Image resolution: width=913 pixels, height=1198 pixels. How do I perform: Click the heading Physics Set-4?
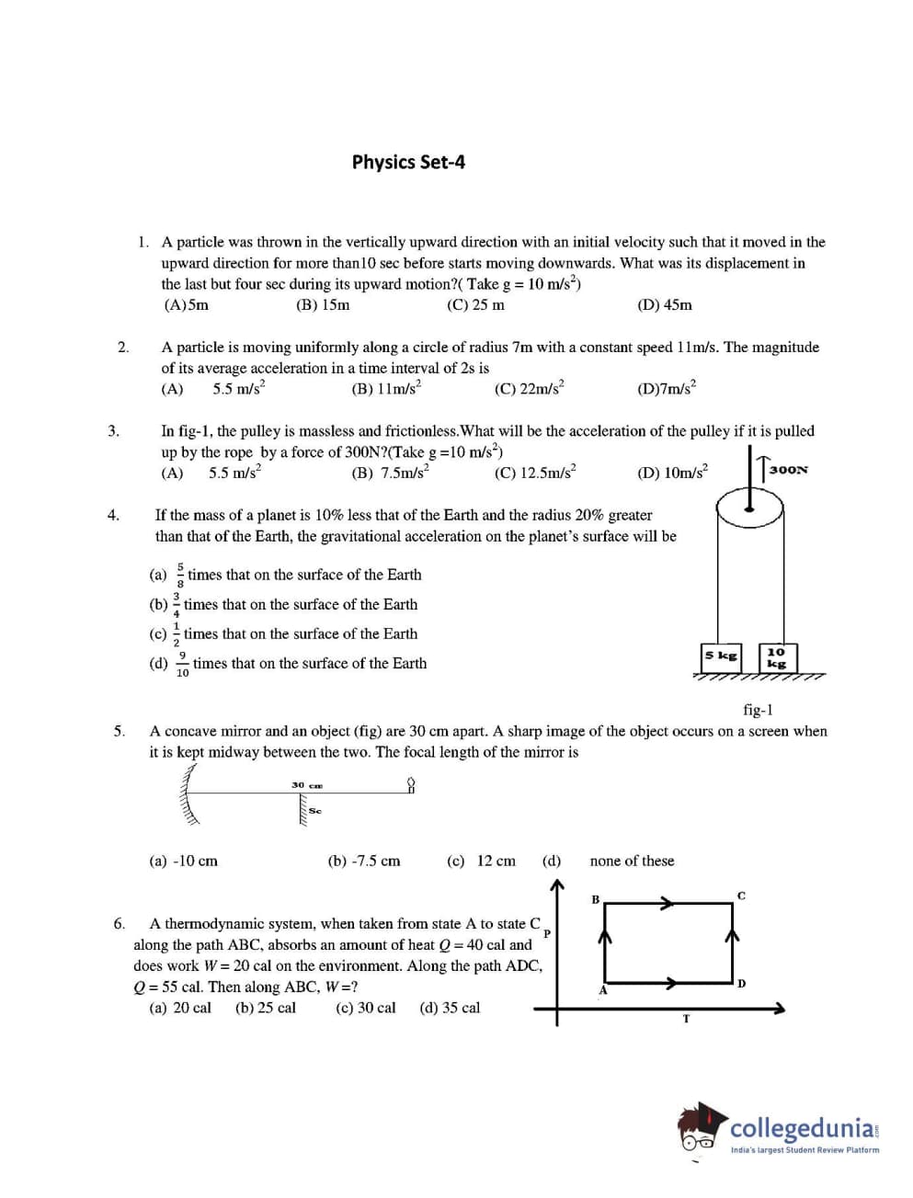pos(408,162)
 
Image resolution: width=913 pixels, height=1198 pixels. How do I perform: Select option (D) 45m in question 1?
pos(664,305)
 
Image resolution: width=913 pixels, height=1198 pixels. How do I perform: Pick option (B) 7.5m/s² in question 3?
pos(390,473)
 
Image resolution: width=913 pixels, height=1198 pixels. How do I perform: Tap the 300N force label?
pos(788,469)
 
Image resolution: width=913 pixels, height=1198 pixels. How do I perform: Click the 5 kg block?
pos(721,656)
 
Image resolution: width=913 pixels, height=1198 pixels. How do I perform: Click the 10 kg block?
pos(777,657)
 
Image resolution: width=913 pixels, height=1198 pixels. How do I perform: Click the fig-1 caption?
pos(758,709)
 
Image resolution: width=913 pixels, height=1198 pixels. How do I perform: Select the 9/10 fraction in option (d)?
pos(182,664)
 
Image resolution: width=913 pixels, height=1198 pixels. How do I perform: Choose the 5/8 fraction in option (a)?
pos(180,576)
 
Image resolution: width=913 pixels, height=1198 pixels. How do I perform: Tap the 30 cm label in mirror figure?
pos(307,785)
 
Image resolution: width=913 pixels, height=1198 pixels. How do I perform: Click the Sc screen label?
pos(315,811)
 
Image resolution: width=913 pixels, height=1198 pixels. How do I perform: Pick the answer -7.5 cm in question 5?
pos(364,861)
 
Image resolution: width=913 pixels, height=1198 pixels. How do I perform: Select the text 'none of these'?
pos(632,861)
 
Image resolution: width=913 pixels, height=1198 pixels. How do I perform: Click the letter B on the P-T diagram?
pos(595,898)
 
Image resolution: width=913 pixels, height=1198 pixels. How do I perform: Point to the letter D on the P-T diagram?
pos(741,984)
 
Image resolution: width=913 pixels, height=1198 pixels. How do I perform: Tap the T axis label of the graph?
pos(686,1019)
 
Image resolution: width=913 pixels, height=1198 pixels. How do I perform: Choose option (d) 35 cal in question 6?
pos(450,1008)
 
